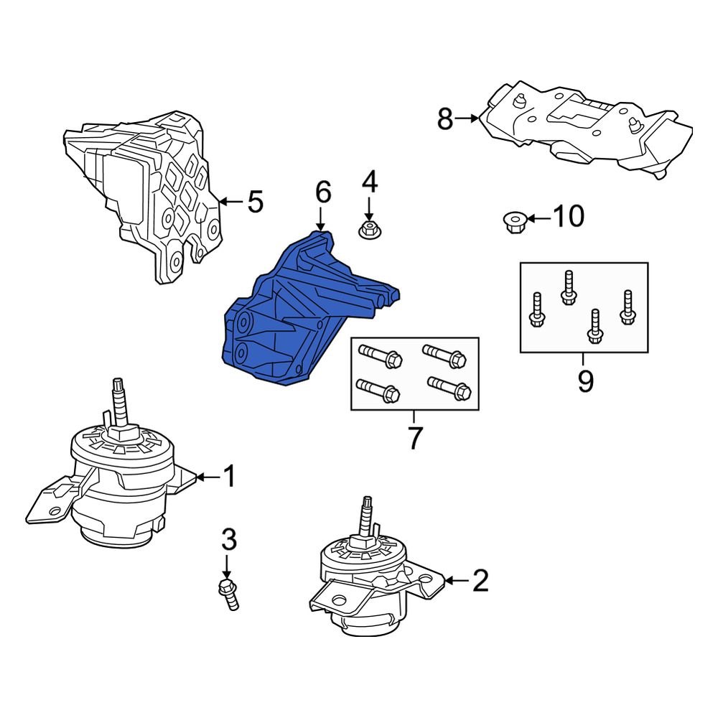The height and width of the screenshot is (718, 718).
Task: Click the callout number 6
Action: pyautogui.click(x=322, y=192)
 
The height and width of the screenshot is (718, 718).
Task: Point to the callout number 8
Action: pyautogui.click(x=445, y=118)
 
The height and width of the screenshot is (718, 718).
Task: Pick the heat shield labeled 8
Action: pyautogui.click(x=589, y=129)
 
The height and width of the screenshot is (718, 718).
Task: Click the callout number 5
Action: pyautogui.click(x=255, y=202)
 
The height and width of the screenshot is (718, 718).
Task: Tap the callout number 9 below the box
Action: pyautogui.click(x=585, y=381)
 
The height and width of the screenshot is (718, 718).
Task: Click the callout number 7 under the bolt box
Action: pyautogui.click(x=414, y=438)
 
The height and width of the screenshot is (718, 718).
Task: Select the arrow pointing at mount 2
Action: pyautogui.click(x=455, y=579)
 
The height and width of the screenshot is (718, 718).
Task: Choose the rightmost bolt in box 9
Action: pyautogui.click(x=628, y=308)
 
